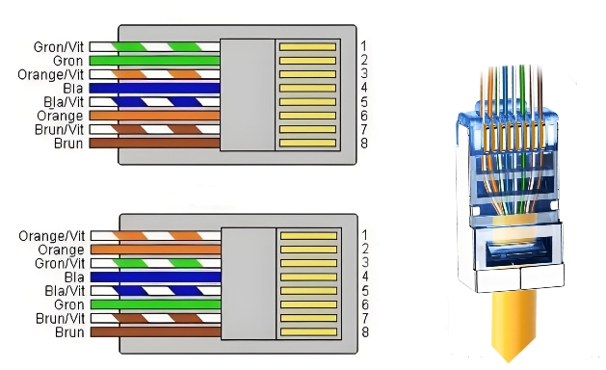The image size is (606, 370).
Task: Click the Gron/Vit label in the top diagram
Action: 59,47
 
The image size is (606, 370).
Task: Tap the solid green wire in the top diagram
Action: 154,61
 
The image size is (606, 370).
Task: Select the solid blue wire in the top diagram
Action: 154,88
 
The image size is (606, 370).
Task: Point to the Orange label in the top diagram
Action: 60,116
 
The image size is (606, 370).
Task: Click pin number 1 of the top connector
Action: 363,46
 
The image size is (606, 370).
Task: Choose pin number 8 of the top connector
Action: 364,143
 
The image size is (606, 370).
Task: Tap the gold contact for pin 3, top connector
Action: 307,74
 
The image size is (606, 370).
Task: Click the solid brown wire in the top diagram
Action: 154,143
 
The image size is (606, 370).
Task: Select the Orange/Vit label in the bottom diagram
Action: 51,236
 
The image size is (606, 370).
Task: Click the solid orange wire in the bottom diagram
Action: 156,250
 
